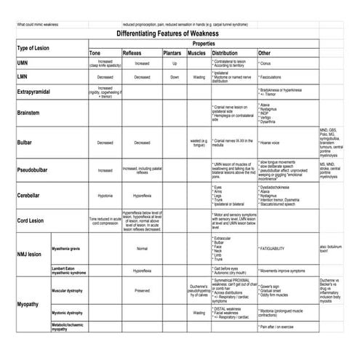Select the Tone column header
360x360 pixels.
pyautogui.click(x=96, y=53)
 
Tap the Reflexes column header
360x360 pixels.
pyautogui.click(x=132, y=53)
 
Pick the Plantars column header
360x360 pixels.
pyautogui.click(x=173, y=53)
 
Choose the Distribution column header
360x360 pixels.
pyautogui.click(x=225, y=53)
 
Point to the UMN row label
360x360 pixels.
pyautogui.click(x=23, y=63)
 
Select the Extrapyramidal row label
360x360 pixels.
pyautogui.click(x=34, y=92)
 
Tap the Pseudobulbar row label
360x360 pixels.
pyautogui.click(x=33, y=169)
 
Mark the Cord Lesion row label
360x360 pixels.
pyautogui.click(x=31, y=220)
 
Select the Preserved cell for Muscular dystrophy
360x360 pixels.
pyautogui.click(x=142, y=290)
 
